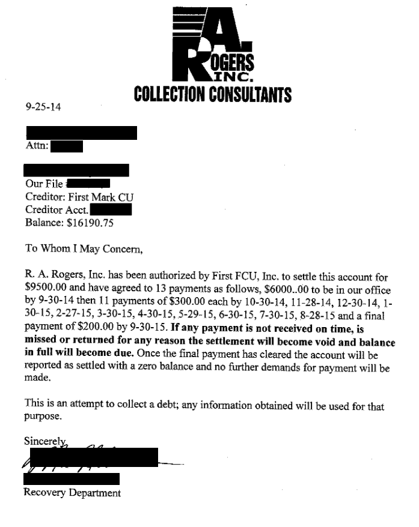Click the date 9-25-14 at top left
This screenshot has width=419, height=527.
tap(43, 107)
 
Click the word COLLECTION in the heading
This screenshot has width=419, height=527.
tap(170, 95)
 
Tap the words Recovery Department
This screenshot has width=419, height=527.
tap(72, 493)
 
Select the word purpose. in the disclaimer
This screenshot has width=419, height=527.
tap(43, 415)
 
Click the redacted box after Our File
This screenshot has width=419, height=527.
tap(88, 183)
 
